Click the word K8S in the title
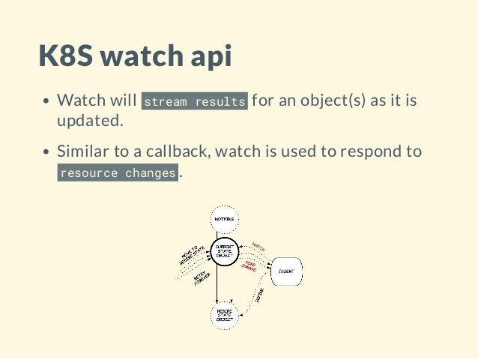point(66,57)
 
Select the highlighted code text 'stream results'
point(195,101)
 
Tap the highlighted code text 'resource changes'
point(118,173)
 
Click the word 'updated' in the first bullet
point(89,121)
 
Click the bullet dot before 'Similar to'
point(46,152)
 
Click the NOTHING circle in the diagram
point(224,218)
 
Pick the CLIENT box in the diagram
point(285,271)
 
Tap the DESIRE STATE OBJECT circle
point(224,313)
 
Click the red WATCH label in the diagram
point(258,246)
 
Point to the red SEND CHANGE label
point(249,265)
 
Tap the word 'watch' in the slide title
point(141,57)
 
